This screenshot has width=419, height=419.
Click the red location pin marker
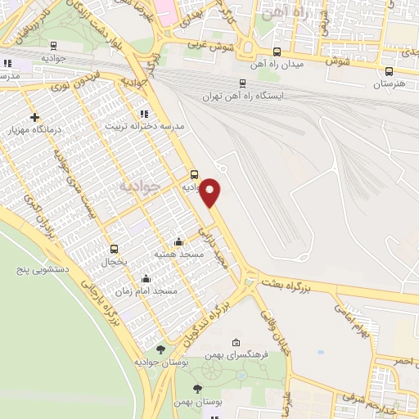click(211, 191)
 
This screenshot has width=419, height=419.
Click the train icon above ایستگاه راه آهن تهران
click(242, 83)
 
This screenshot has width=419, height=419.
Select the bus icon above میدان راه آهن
click(277, 51)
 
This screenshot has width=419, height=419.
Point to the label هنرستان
click(390, 84)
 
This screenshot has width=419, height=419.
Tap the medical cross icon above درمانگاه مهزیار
click(34, 117)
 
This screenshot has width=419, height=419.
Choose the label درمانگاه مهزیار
click(33, 130)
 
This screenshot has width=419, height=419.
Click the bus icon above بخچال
click(114, 250)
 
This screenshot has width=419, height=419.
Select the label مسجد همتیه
click(178, 255)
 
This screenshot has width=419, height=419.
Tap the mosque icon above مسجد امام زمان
click(146, 278)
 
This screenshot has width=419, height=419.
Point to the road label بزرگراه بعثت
click(288, 282)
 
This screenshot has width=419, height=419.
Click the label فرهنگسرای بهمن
click(237, 355)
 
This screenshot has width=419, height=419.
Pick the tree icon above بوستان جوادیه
click(160, 349)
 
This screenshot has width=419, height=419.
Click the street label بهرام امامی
click(353, 318)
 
